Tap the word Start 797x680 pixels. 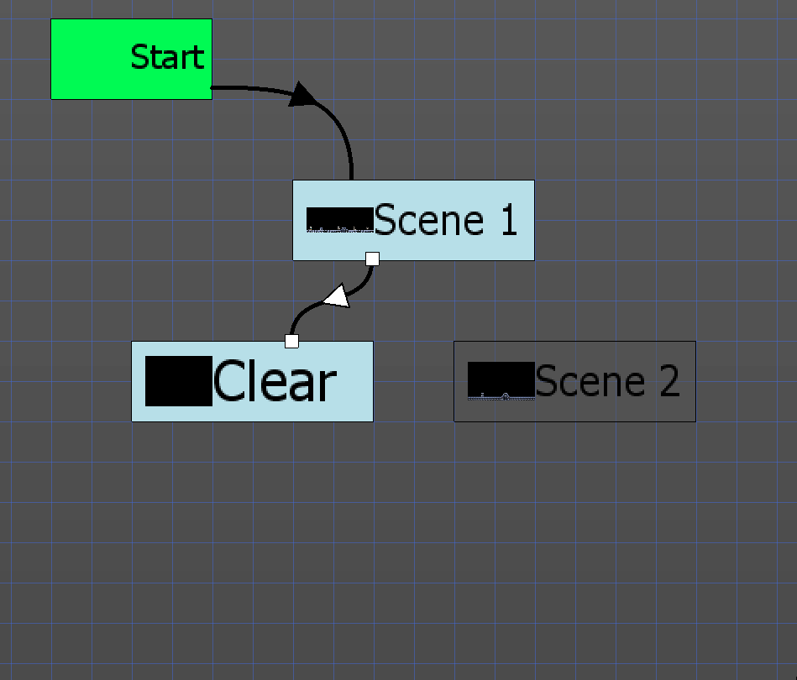pos(167,57)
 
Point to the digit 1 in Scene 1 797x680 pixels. pos(507,220)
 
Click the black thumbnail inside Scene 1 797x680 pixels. pos(339,218)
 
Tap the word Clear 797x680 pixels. pos(274,383)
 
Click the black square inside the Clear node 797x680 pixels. pos(178,381)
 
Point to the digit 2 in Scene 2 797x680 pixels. pos(669,381)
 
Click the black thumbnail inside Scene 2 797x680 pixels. pos(501,380)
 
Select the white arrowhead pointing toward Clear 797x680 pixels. pos(337,296)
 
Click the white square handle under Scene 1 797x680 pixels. pos(373,259)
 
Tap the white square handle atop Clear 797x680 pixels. pos(291,341)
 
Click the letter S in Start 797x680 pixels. pos(140,57)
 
